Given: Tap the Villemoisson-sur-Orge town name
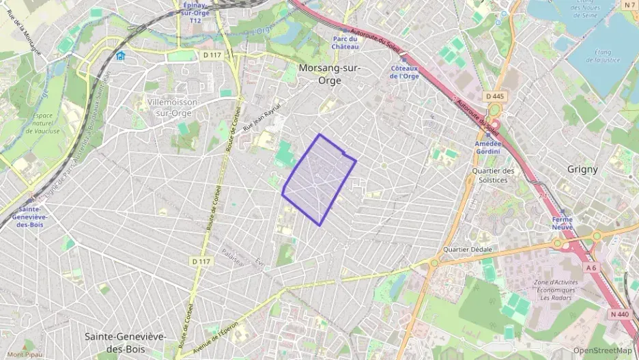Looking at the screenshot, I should tap(173, 107).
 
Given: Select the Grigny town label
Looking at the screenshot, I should tap(582, 169).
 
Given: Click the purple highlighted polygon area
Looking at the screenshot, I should tap(318, 179).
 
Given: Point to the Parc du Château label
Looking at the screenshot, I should tap(345, 42).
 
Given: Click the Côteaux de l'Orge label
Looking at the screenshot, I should tap(404, 72).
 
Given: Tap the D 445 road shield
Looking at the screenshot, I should tap(495, 96).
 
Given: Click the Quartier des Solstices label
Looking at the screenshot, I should tap(494, 176).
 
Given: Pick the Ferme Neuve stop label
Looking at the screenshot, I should tap(563, 223).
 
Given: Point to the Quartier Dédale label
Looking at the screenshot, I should tap(468, 249).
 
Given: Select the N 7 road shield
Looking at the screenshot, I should tap(629, 5).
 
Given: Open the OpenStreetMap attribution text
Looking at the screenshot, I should tap(602, 350).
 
